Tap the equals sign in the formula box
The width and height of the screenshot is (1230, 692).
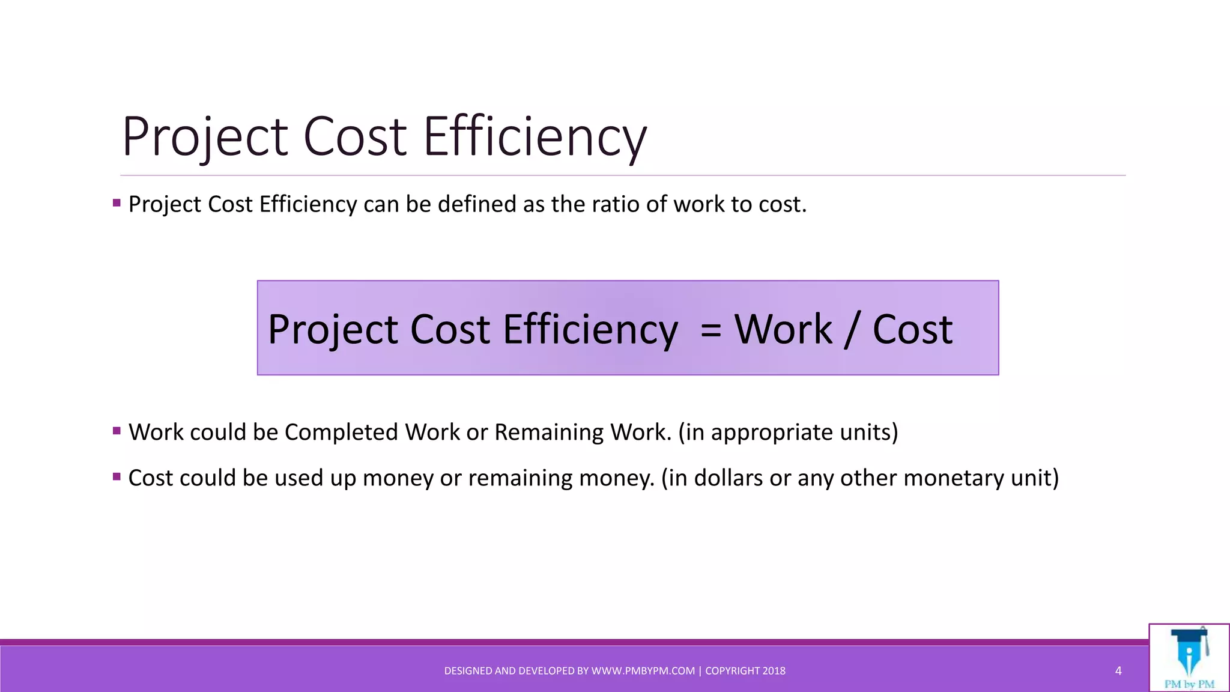click(710, 330)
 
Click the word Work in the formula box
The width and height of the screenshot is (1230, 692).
click(783, 330)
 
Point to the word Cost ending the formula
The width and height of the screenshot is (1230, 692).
click(912, 330)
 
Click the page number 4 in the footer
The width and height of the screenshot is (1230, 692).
click(1118, 671)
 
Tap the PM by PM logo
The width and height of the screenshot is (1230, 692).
click(1189, 658)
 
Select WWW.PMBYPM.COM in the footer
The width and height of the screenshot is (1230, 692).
click(643, 671)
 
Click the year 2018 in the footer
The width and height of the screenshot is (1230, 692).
click(774, 671)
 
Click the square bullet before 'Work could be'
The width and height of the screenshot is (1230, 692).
click(117, 431)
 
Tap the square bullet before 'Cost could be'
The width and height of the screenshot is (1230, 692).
click(117, 476)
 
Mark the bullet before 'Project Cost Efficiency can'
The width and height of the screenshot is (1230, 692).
click(117, 203)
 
